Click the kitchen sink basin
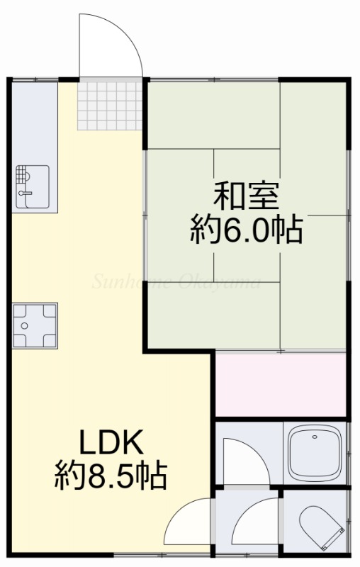(33, 186)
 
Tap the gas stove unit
(35, 325)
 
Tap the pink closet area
(281, 385)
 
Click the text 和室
(246, 196)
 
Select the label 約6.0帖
(246, 229)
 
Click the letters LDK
(111, 442)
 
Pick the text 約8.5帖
(111, 475)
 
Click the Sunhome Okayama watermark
(176, 281)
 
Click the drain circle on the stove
(24, 326)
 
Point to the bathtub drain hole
(315, 437)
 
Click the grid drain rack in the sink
(22, 174)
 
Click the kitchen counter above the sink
(35, 123)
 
